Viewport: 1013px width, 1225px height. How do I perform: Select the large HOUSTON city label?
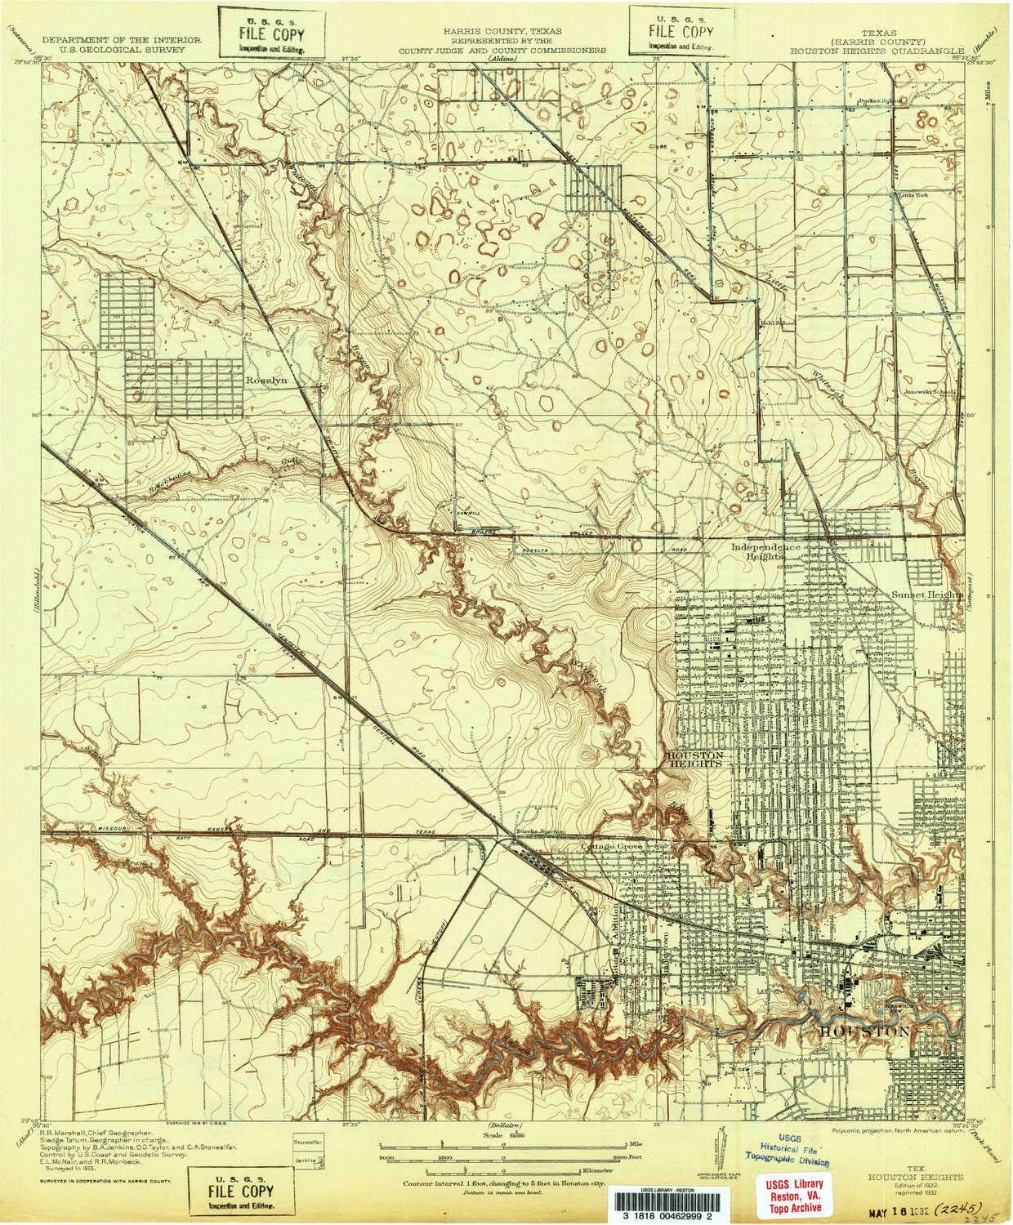(864, 1032)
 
